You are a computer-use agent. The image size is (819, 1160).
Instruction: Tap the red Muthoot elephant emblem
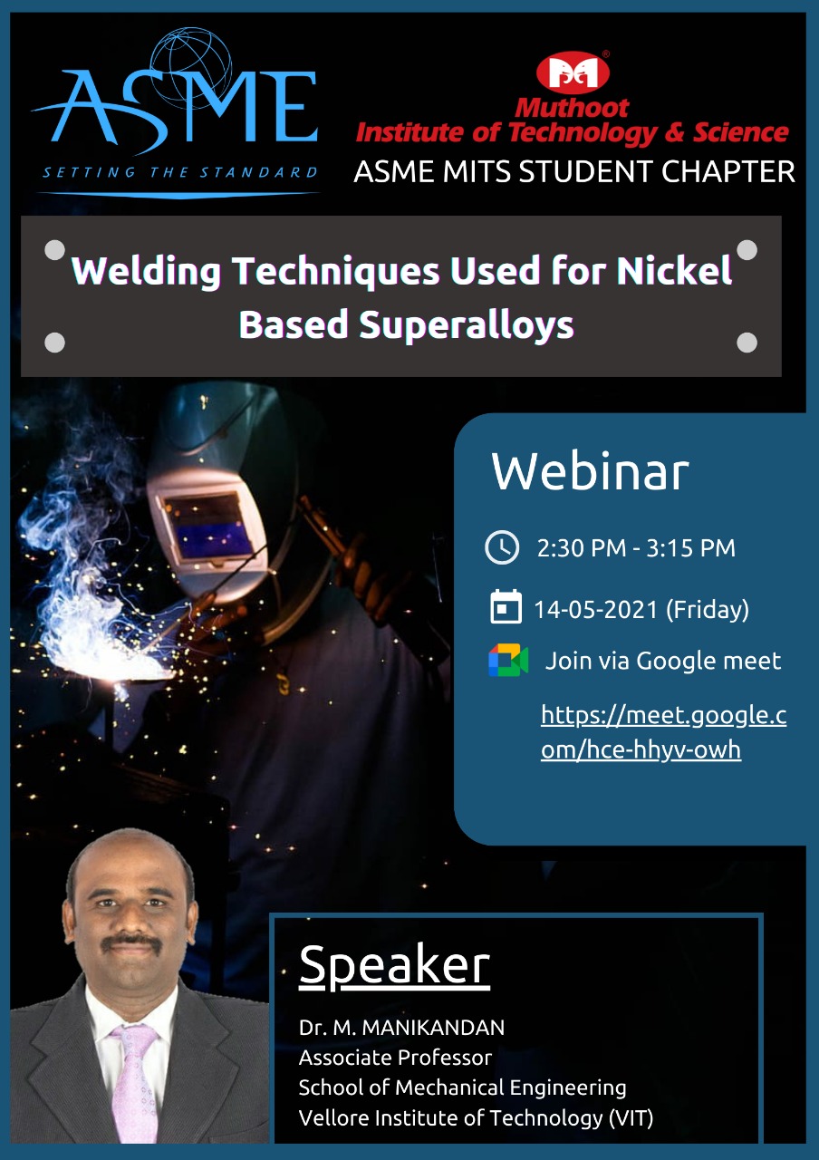(x=573, y=72)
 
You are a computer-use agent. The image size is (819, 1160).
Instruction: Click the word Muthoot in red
(x=572, y=108)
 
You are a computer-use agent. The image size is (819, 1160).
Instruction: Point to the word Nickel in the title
(x=674, y=270)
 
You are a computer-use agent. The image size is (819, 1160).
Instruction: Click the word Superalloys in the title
(x=467, y=325)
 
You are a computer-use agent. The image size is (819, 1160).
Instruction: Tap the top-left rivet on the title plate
(x=55, y=249)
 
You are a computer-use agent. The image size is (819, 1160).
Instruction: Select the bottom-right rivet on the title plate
(x=747, y=343)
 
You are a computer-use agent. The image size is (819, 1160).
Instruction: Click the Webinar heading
(x=590, y=471)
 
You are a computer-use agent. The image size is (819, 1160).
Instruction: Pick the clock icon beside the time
(x=502, y=547)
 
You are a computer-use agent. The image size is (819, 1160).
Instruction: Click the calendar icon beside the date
(x=506, y=606)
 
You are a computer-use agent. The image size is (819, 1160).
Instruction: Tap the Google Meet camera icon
(x=508, y=661)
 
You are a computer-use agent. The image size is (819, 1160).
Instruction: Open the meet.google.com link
(x=663, y=732)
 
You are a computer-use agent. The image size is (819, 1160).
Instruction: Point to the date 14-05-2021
(x=595, y=610)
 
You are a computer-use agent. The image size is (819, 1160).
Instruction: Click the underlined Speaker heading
(x=394, y=965)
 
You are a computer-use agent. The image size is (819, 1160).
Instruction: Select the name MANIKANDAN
(x=433, y=1028)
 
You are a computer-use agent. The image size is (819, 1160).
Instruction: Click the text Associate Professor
(x=395, y=1058)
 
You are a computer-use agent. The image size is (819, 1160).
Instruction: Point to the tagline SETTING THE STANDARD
(x=180, y=172)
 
